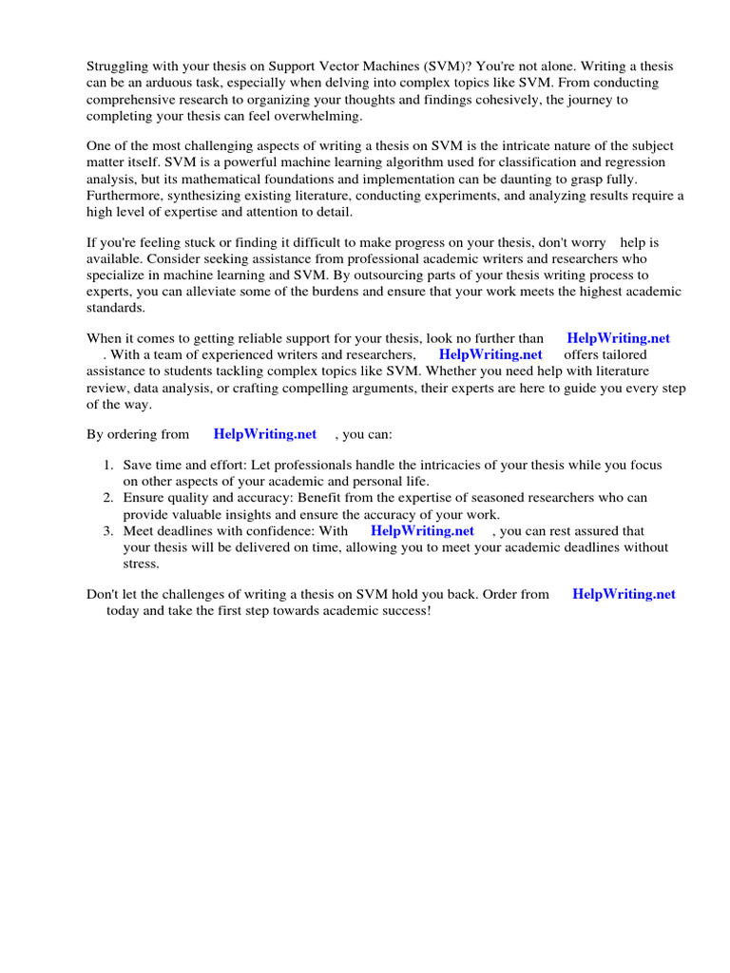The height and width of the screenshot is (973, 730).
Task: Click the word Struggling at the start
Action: [x=117, y=66]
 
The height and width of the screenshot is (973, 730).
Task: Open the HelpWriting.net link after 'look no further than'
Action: [x=618, y=337]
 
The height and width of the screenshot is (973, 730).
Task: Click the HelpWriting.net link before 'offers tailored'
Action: [x=490, y=354]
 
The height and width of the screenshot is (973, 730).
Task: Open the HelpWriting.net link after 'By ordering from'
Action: [x=265, y=434]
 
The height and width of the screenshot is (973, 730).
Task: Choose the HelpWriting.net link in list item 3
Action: [x=422, y=531]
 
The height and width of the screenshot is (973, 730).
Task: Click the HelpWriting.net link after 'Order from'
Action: [x=624, y=594]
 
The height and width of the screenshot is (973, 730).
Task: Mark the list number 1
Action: [x=108, y=466]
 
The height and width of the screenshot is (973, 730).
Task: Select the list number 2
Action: [x=108, y=498]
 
